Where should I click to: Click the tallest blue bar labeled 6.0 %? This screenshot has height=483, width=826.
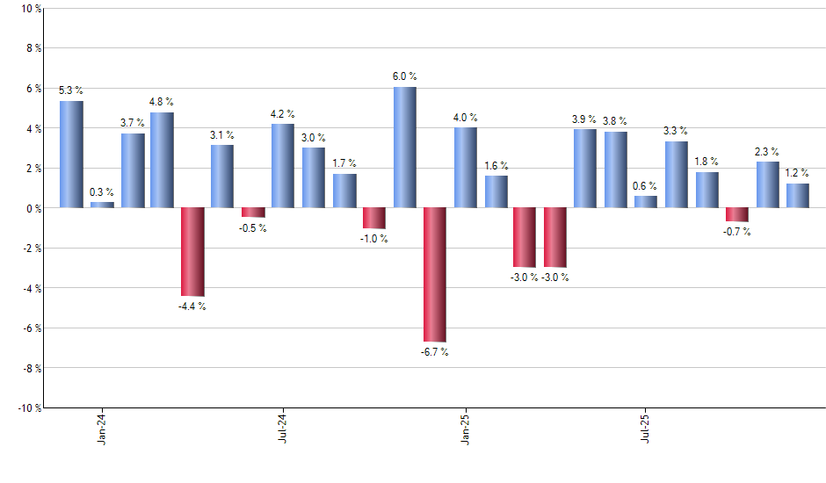(404, 148)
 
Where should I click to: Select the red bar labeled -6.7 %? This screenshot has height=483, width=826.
(435, 274)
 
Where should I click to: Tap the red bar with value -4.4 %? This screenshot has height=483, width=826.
(192, 251)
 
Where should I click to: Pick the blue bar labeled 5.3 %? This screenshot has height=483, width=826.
(71, 155)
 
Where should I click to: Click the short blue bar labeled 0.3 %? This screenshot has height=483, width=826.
(102, 205)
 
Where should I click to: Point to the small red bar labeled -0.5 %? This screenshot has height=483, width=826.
(253, 213)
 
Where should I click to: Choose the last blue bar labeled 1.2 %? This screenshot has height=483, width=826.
(798, 196)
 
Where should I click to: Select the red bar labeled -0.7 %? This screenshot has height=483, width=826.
(737, 214)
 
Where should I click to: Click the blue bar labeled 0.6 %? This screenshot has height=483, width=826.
(646, 202)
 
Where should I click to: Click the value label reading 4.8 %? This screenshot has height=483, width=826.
(162, 102)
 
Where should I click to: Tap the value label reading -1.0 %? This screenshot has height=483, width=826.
(374, 239)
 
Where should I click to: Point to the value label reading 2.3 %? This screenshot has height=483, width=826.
(767, 151)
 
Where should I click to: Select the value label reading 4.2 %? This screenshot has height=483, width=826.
(283, 113)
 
